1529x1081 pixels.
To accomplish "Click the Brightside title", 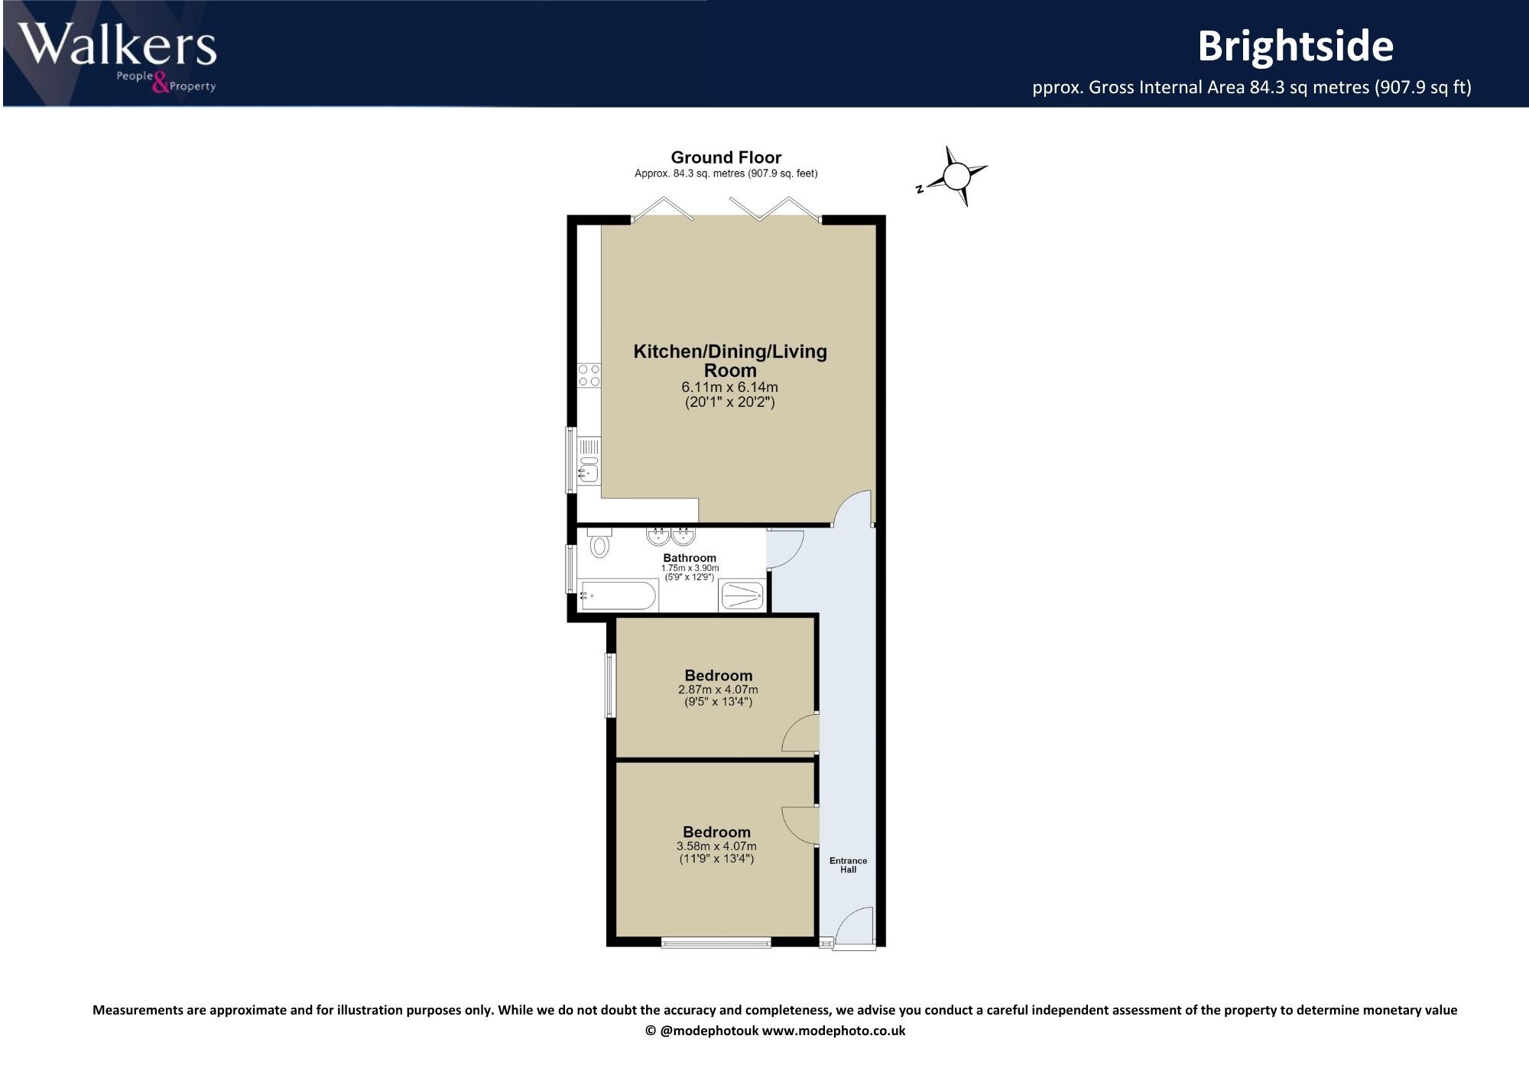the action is [1296, 46].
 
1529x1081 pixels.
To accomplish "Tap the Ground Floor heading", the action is [726, 157].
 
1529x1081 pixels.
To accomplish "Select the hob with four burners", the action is [589, 375].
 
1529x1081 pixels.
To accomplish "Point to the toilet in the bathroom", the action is [599, 543].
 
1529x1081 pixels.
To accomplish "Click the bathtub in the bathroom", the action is [618, 595].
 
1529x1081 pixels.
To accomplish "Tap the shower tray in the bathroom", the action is [742, 596].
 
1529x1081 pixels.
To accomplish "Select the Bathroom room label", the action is [690, 558].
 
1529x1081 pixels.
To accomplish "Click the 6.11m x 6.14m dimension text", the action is [730, 388].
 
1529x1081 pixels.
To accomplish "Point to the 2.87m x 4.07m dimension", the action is [718, 690].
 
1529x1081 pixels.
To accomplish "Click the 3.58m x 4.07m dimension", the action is [716, 846].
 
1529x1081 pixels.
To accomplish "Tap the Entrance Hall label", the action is [849, 865].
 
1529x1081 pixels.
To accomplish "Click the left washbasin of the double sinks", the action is [657, 535].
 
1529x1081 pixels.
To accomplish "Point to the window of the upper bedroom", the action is [610, 685].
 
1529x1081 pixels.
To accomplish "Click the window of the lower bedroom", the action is [716, 943].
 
